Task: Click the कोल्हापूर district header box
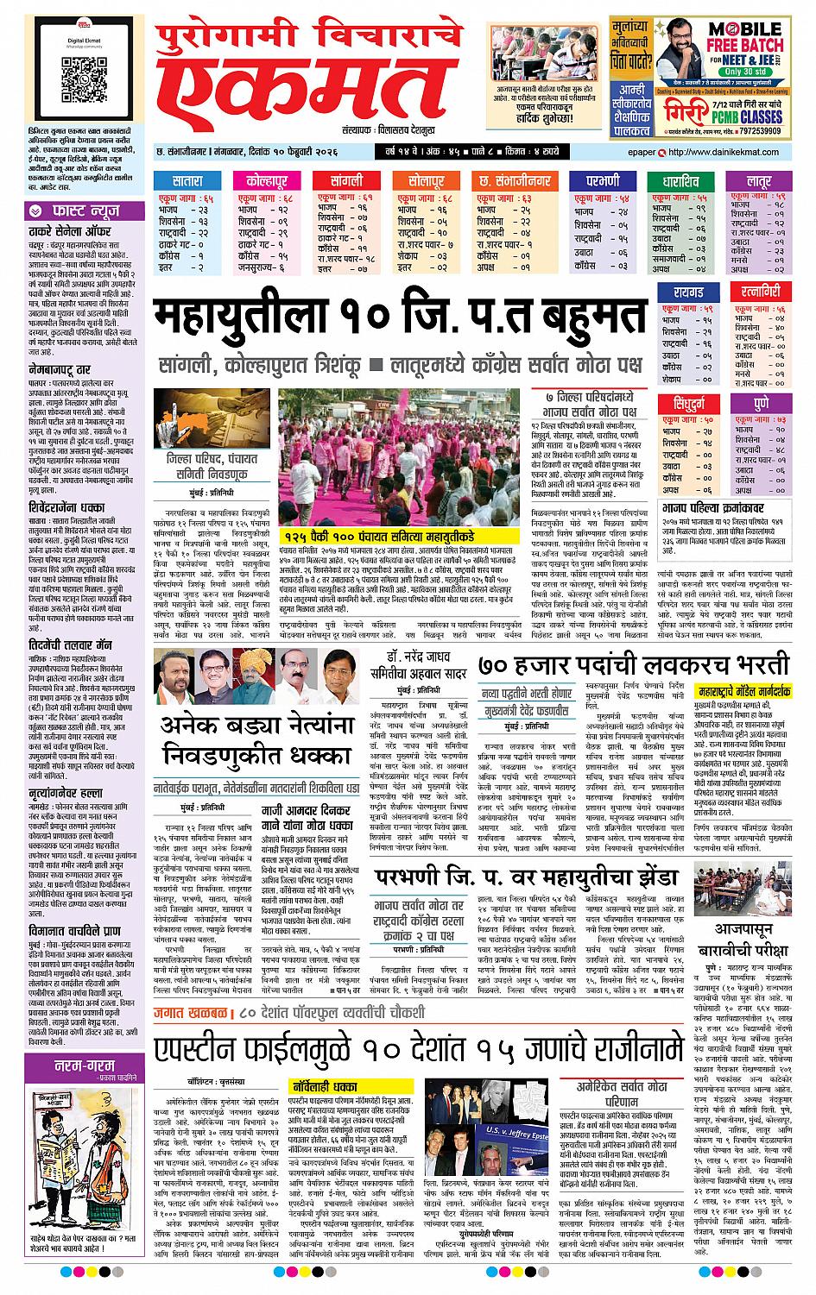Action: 268,182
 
